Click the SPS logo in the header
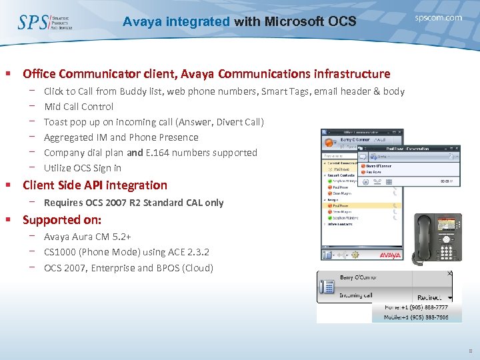(x=33, y=22)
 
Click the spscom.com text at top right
(x=438, y=18)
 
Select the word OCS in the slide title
(x=342, y=22)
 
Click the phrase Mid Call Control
(x=79, y=107)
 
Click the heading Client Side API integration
(x=95, y=185)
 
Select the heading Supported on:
(x=62, y=219)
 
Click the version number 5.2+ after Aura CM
(x=121, y=237)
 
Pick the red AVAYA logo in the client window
(x=389, y=255)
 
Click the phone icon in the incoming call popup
(x=327, y=287)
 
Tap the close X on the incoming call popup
(x=449, y=273)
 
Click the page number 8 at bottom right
(x=469, y=349)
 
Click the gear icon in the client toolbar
(x=355, y=255)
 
